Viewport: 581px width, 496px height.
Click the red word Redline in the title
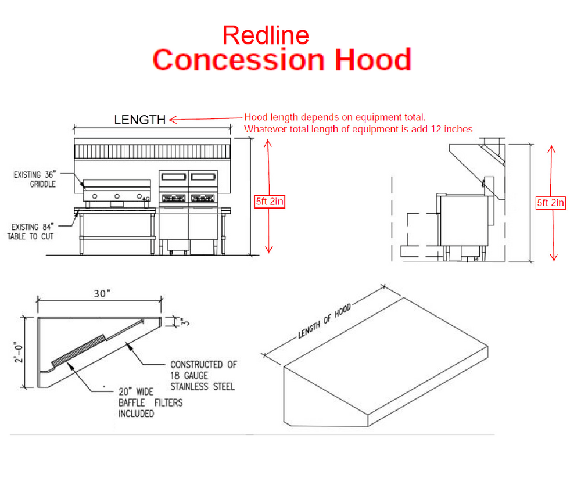266,36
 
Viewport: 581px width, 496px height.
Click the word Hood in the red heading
372,60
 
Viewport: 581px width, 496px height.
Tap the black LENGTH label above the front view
139,120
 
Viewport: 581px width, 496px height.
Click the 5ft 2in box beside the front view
270,202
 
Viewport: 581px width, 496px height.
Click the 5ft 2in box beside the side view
550,203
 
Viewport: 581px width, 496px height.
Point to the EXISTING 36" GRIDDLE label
35,179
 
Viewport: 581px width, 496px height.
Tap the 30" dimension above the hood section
101,294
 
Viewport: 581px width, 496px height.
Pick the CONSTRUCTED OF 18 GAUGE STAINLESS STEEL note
203,375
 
